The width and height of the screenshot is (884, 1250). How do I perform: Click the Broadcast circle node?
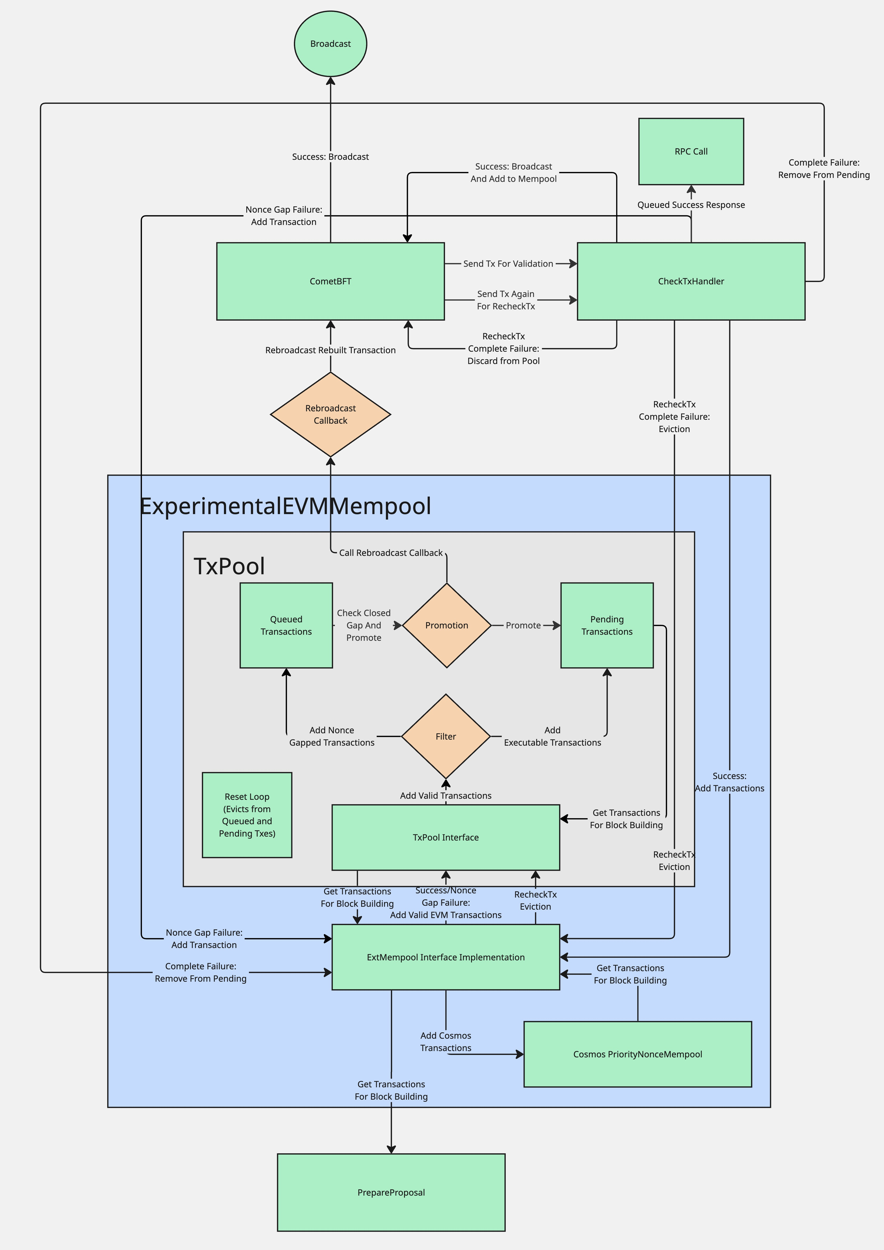pos(330,44)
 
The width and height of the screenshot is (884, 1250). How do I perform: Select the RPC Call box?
pos(691,151)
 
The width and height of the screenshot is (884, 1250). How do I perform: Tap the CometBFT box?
pos(330,281)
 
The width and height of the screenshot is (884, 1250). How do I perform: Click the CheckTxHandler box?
pos(691,281)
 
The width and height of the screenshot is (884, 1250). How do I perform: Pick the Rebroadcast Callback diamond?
pos(330,414)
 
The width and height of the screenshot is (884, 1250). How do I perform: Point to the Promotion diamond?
pos(446,625)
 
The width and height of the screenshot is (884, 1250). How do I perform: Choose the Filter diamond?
pos(446,736)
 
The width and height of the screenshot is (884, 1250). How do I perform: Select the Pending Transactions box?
pos(607,625)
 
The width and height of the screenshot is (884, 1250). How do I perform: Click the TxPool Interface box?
pos(446,837)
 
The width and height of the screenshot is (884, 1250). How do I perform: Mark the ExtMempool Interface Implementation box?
pos(446,957)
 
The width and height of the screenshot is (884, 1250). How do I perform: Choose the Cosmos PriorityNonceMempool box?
pos(637,1054)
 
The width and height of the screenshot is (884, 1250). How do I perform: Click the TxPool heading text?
pos(229,566)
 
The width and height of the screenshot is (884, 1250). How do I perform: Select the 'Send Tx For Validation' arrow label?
pos(508,264)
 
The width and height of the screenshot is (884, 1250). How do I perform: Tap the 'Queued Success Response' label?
pos(691,205)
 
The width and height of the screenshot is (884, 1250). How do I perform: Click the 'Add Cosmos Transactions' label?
pos(446,1042)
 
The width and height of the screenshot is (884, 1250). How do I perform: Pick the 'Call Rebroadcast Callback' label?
pos(391,552)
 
